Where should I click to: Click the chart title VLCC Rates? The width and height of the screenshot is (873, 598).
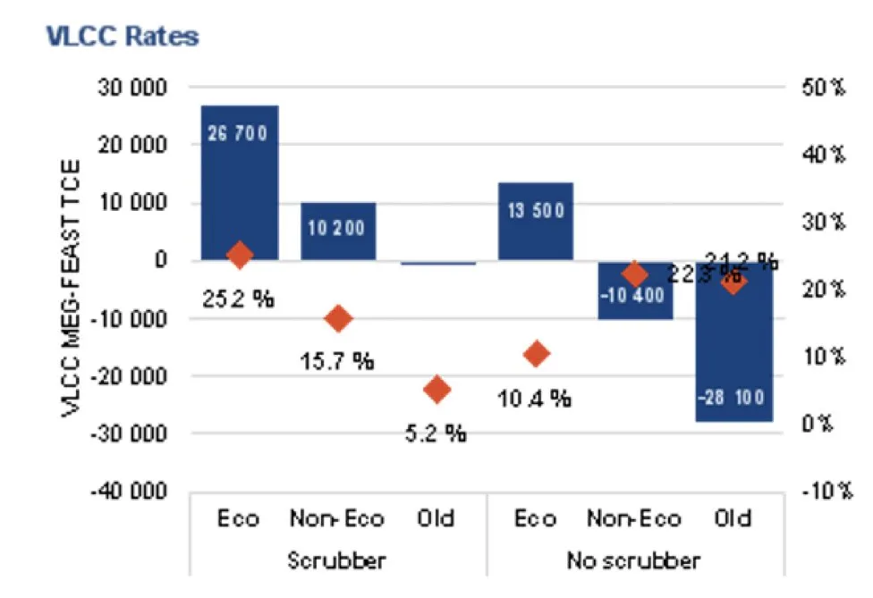tap(122, 37)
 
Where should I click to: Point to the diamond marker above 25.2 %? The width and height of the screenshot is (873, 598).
tap(239, 255)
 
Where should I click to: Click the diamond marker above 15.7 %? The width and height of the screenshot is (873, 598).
tap(338, 317)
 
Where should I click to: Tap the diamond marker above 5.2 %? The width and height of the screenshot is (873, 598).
tap(436, 388)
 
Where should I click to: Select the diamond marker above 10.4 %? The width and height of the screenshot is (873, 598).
tap(535, 354)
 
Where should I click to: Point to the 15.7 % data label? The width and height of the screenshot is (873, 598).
tap(338, 361)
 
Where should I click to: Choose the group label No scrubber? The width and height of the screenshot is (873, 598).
tap(633, 561)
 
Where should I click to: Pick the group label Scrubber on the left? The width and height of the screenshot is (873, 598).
tap(336, 561)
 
